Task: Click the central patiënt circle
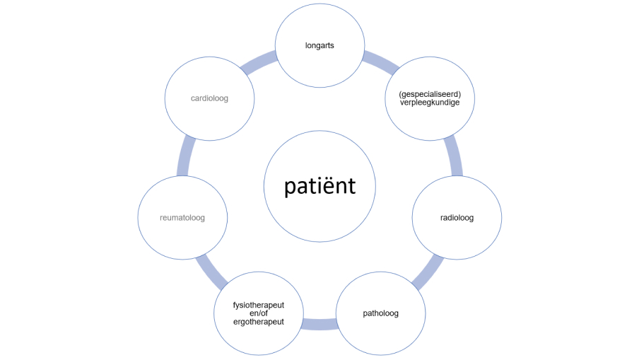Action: click(x=319, y=186)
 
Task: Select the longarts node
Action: click(x=319, y=45)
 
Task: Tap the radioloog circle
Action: click(x=457, y=217)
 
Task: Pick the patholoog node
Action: click(x=380, y=313)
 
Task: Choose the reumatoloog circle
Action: click(x=182, y=217)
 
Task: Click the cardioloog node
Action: click(x=209, y=98)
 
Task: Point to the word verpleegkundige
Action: click(x=430, y=103)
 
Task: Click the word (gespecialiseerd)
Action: click(x=430, y=93)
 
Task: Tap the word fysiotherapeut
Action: click(x=259, y=305)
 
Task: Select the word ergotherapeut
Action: click(x=259, y=322)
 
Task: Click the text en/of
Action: click(x=259, y=313)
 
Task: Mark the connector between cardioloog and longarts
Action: click(x=258, y=63)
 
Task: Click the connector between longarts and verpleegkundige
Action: click(x=380, y=62)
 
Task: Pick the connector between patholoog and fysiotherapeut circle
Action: click(x=319, y=324)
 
